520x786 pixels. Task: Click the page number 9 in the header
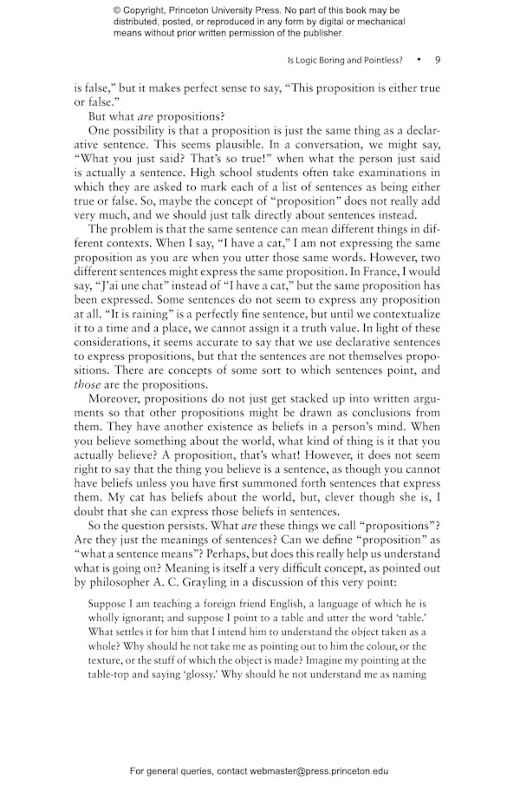click(x=438, y=61)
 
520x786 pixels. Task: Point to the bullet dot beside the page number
click(x=418, y=61)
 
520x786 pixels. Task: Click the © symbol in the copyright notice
click(x=118, y=10)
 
